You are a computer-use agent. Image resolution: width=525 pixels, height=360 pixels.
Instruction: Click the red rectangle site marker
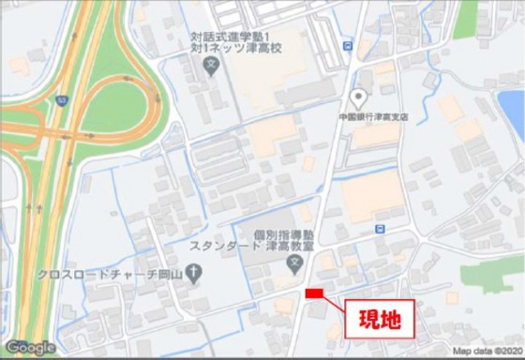pos(314,294)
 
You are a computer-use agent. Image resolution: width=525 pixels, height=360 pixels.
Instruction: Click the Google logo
pos(30,348)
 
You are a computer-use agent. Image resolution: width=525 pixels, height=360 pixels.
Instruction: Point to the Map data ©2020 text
pos(485,352)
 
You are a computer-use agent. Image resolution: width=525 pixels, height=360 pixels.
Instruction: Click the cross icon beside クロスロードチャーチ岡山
pos(193,274)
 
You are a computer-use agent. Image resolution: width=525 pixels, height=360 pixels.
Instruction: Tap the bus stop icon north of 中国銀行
pos(349,45)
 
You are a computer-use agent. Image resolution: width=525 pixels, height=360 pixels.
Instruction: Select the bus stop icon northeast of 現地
pos(380,228)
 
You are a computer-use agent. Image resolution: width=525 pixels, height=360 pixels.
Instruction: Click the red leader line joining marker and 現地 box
pos(336,302)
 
